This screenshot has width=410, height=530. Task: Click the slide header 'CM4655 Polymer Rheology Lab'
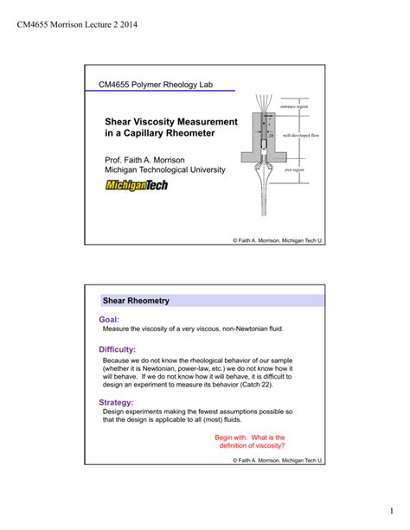[154, 85]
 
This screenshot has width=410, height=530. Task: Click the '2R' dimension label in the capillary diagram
[272, 135]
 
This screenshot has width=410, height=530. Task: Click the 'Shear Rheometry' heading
[136, 301]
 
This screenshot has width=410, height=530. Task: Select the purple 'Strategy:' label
[117, 402]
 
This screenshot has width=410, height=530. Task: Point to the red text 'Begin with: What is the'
[250, 437]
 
